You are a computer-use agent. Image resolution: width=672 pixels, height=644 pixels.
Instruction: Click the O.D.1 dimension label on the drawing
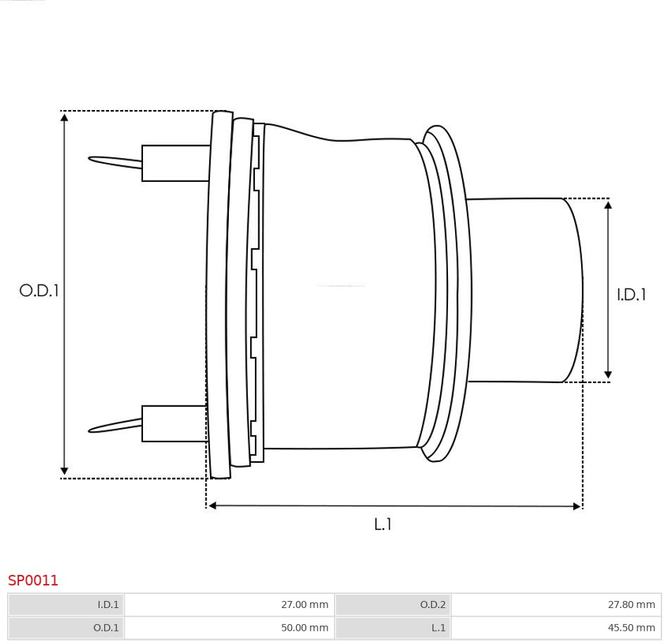(x=39, y=291)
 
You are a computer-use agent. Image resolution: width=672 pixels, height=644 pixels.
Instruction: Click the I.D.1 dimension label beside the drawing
(x=631, y=294)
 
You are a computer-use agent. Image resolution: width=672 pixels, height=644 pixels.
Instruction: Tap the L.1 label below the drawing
(x=382, y=524)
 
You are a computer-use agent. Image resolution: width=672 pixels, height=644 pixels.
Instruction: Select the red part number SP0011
(x=32, y=580)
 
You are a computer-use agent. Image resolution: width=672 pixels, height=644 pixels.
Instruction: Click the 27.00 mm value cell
(x=230, y=604)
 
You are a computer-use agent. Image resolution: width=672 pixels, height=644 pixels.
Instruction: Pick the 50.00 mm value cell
(x=230, y=628)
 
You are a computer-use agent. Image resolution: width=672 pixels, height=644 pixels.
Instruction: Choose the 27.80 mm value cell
(x=556, y=604)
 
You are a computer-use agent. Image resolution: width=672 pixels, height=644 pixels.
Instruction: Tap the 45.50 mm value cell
(x=556, y=628)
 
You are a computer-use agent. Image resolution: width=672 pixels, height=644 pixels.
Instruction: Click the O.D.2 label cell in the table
(x=393, y=604)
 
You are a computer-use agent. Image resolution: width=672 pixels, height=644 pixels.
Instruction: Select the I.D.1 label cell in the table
(x=66, y=604)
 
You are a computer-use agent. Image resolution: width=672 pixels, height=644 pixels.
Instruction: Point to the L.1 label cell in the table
(x=393, y=628)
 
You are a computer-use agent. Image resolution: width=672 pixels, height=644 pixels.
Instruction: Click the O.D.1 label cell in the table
(x=66, y=628)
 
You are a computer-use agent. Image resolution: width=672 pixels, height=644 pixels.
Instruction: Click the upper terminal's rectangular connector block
(x=175, y=163)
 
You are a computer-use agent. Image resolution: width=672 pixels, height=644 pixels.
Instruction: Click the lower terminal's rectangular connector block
(x=175, y=423)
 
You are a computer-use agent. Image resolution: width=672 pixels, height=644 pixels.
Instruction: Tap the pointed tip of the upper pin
(x=89, y=159)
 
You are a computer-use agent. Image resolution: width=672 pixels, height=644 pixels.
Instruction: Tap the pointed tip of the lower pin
(x=89, y=430)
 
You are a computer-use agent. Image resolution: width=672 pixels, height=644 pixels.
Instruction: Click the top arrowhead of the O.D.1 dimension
(x=64, y=117)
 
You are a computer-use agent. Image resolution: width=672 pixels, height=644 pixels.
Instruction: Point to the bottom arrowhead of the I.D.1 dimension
(x=608, y=375)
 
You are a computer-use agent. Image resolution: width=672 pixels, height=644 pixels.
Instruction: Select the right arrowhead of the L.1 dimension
(x=577, y=506)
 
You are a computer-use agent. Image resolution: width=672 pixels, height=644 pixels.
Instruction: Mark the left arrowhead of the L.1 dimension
(x=212, y=506)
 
